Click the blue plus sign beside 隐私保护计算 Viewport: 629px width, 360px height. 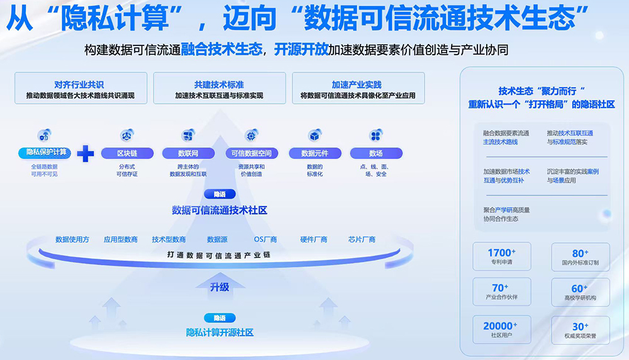pos(85,154)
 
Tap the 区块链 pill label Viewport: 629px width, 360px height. pos(126,153)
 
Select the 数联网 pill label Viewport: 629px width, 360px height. pos(187,153)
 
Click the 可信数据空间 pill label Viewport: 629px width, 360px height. pos(251,153)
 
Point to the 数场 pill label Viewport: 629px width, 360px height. pos(376,153)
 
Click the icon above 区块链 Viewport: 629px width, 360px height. pos(126,135)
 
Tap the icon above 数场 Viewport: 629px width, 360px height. pos(376,135)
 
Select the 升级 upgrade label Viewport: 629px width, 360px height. pos(220,287)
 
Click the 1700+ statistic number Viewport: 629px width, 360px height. pos(502,253)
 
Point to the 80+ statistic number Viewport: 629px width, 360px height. pos(580,253)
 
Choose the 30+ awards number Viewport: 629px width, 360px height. pos(580,326)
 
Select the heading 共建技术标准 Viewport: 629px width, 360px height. pos(219,84)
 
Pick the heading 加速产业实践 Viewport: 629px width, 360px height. pos(357,84)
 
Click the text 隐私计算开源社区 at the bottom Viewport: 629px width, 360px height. pos(220,332)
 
